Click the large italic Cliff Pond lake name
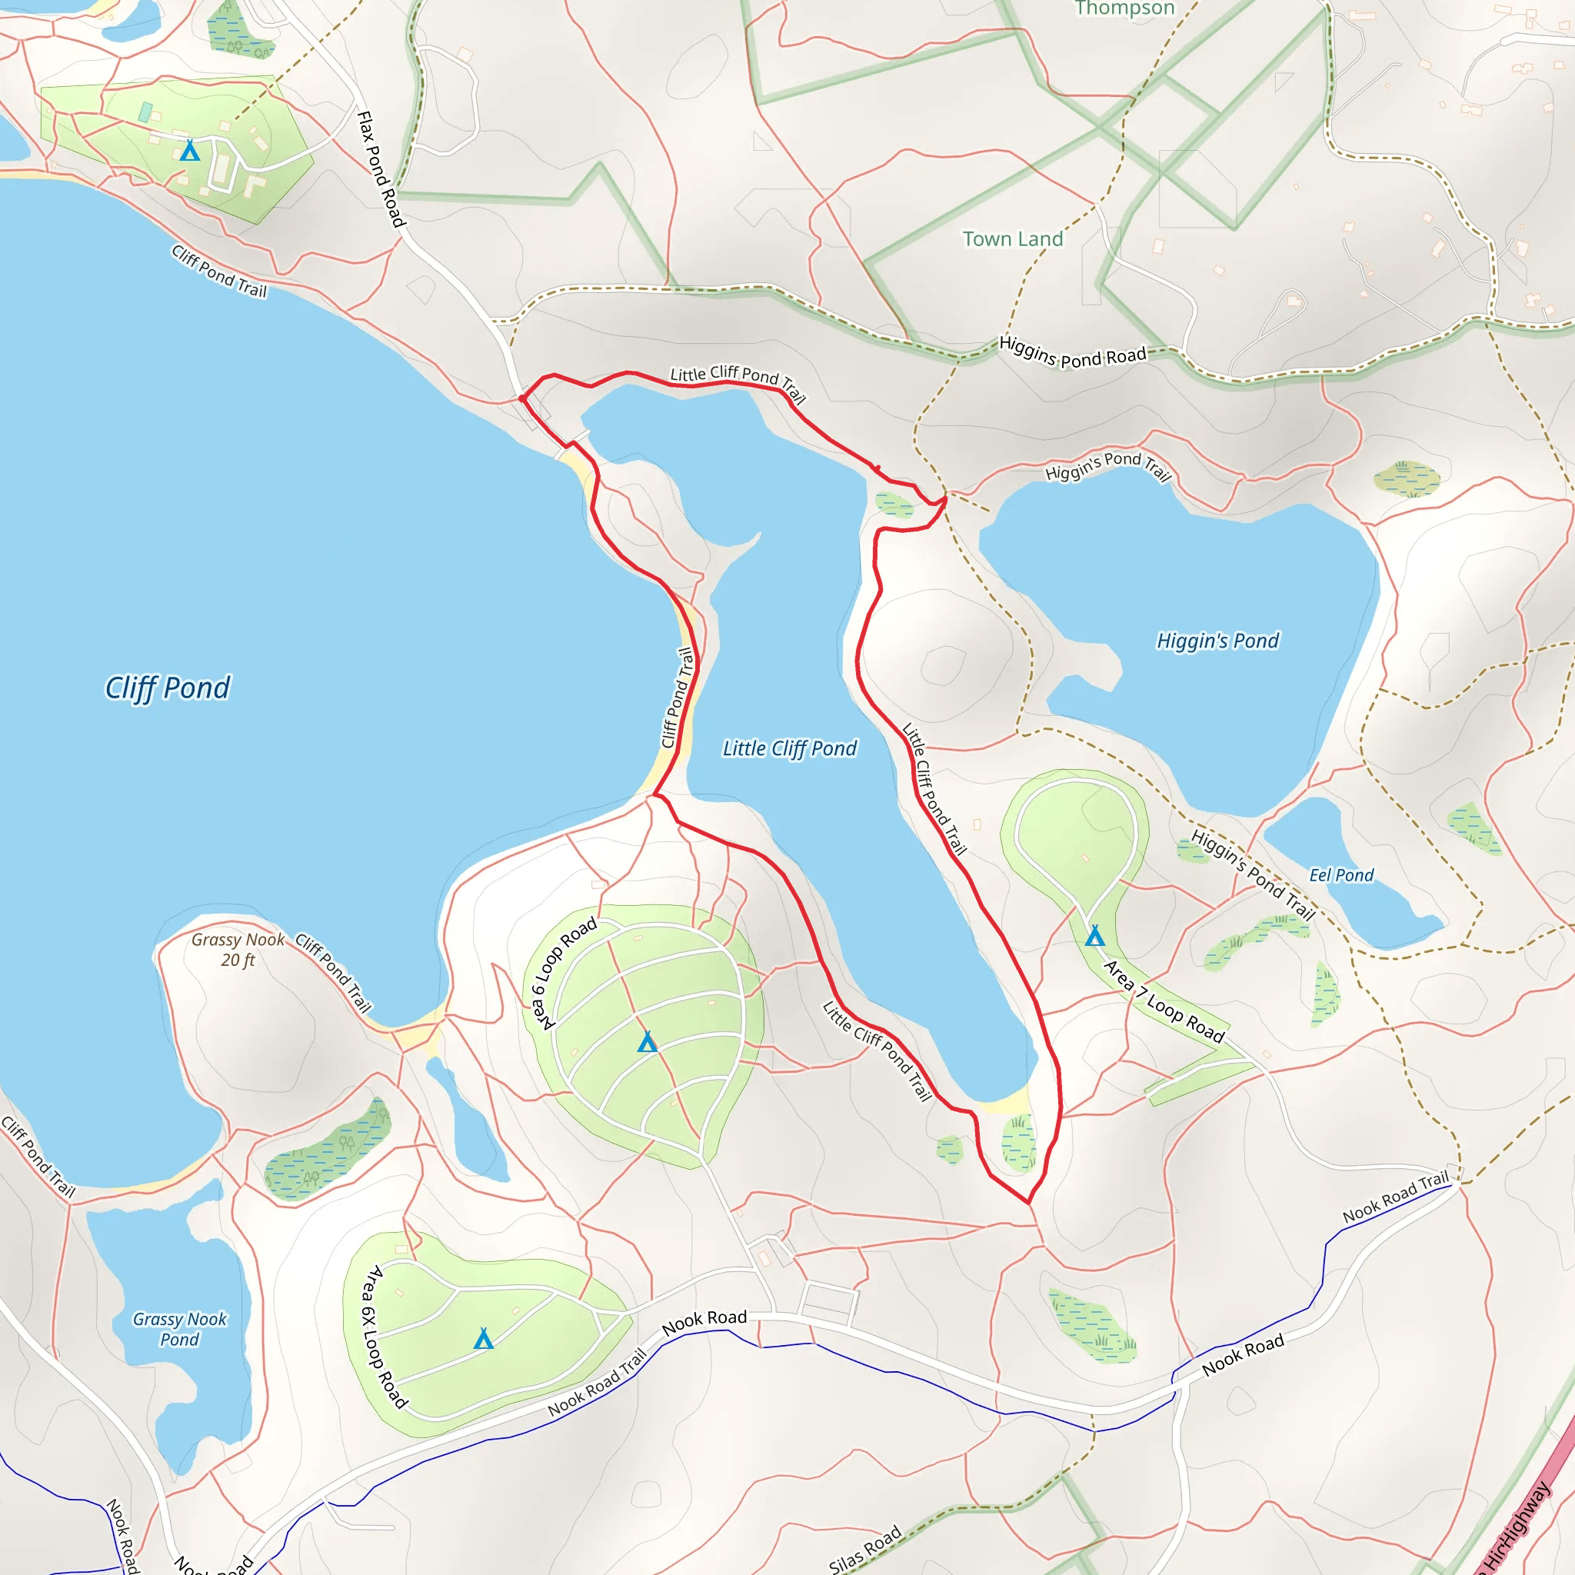click(168, 688)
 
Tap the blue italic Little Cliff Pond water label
click(789, 748)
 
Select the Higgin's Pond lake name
click(1218, 641)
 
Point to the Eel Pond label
click(1341, 874)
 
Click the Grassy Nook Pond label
click(179, 1329)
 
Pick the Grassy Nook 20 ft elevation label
click(238, 950)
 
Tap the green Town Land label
click(1013, 239)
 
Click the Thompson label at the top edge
click(1124, 8)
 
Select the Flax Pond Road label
click(381, 168)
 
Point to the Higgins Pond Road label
click(1073, 353)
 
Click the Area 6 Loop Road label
click(564, 974)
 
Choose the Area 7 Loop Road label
click(1164, 1001)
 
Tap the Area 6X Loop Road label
click(384, 1337)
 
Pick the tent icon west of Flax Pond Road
click(190, 150)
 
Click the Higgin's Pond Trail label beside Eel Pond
click(1253, 874)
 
